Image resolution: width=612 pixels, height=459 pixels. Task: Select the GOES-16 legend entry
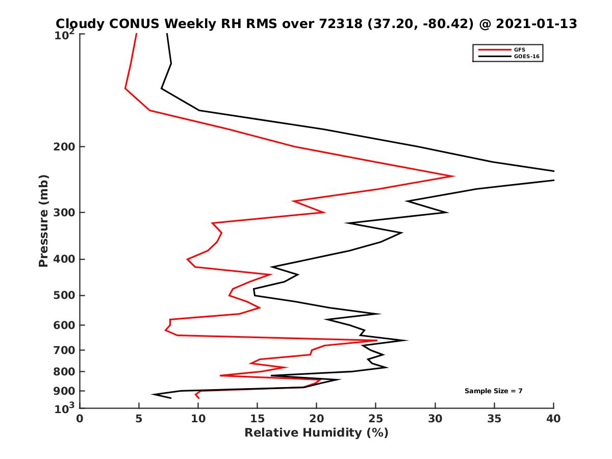click(526, 57)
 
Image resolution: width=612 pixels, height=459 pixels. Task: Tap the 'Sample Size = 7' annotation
click(493, 391)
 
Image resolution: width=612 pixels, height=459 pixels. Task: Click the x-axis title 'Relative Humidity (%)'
click(316, 433)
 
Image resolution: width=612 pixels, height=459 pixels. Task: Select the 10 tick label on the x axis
click(198, 419)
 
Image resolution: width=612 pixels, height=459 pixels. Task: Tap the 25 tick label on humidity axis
click(376, 419)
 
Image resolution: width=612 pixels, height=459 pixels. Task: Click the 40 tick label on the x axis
click(553, 419)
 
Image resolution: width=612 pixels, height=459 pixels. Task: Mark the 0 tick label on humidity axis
click(80, 419)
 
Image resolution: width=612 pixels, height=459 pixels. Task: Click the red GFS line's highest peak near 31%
click(453, 176)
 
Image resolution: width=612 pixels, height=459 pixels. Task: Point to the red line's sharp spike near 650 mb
click(376, 340)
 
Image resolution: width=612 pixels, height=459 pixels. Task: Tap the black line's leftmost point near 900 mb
click(152, 394)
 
